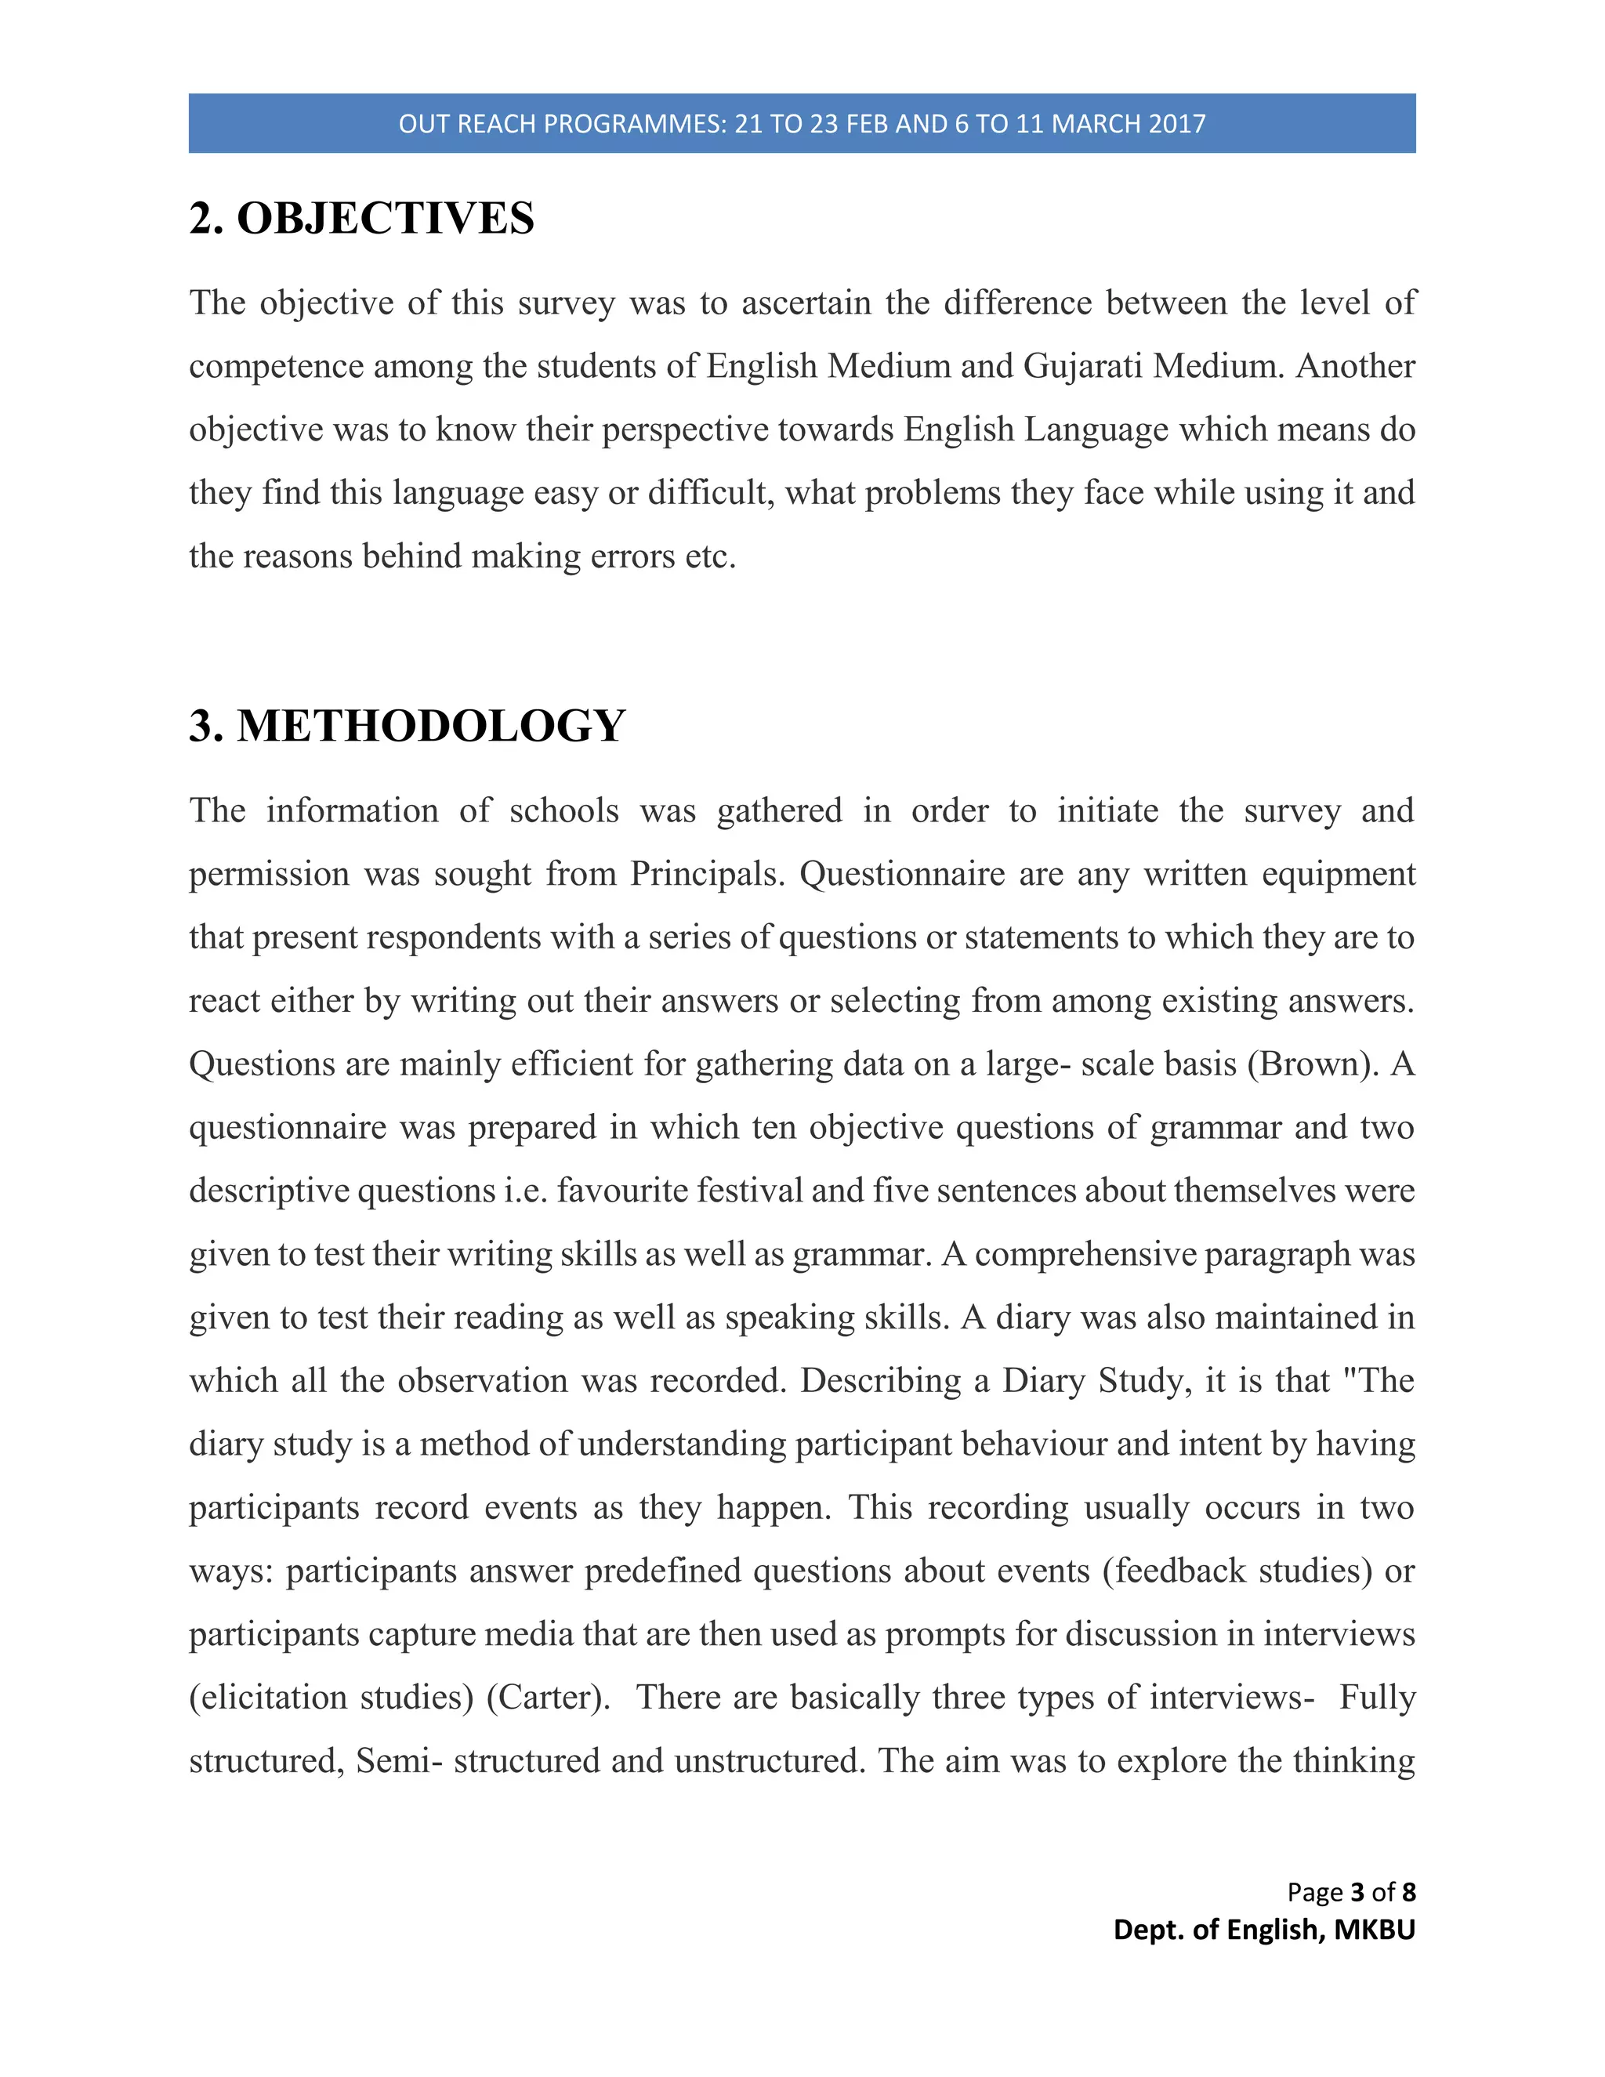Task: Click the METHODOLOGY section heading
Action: point(431,727)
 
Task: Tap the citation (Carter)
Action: point(548,1698)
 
